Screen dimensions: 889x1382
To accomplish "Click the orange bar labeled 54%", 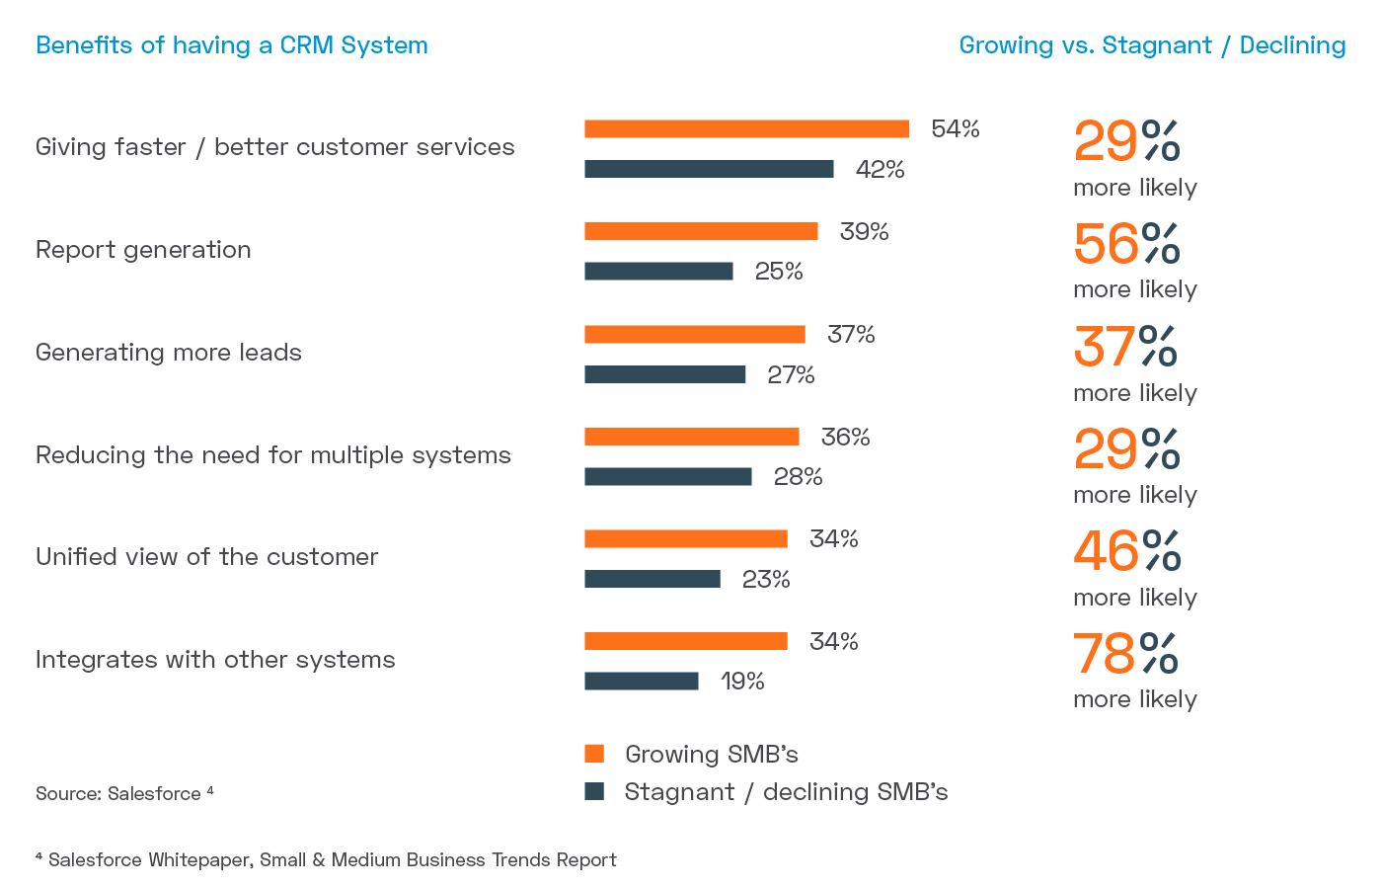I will point(746,128).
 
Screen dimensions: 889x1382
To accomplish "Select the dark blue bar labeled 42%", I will point(709,169).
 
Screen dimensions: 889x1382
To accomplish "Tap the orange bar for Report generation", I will point(701,231).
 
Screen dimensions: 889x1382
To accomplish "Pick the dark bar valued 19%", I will point(642,682).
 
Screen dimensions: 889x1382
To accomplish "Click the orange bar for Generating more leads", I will point(695,334).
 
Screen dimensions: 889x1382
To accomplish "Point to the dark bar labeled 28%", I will point(668,477).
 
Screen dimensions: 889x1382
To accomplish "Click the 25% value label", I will point(779,272).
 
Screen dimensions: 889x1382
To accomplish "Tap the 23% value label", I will point(766,580).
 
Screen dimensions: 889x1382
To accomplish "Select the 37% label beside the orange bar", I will point(851,335).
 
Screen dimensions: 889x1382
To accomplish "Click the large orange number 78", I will point(1104,654).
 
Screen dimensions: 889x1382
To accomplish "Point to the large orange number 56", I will point(1106,244).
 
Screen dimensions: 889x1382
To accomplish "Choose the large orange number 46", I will point(1106,551).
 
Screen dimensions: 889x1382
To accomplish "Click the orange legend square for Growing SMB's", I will point(594,754).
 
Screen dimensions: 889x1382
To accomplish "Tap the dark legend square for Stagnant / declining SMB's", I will point(594,791).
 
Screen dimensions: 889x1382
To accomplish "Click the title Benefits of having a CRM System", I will point(232,45).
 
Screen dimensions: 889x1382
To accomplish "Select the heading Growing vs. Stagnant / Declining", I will point(1152,45).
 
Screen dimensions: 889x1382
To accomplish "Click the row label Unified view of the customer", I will point(207,557).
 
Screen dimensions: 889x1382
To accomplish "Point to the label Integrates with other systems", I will point(215,660).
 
